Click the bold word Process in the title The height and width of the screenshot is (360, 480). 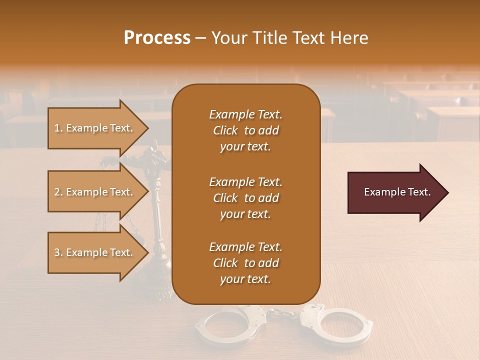[x=157, y=38]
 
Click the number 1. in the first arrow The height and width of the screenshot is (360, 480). [x=58, y=128]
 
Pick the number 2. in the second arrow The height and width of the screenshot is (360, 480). [x=58, y=192]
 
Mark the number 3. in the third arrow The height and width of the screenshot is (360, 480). [x=58, y=252]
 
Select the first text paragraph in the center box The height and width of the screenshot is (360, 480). [x=245, y=130]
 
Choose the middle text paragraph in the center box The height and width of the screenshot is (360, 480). [x=245, y=197]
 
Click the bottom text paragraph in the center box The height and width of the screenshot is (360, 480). [x=245, y=263]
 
